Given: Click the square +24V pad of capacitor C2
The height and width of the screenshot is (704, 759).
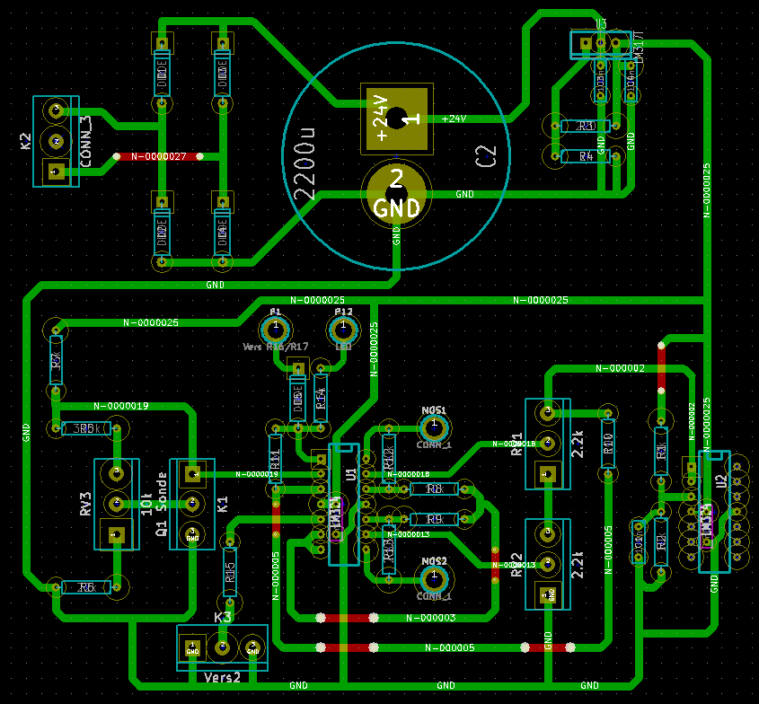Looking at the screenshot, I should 396,118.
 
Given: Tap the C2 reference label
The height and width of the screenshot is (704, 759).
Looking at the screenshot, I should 485,156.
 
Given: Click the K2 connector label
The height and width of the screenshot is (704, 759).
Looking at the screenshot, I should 25,141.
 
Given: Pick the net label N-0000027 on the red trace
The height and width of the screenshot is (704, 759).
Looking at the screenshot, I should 158,156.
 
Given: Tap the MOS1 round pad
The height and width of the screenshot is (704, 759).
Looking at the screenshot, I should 434,423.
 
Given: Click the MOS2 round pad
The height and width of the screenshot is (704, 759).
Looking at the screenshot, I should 434,576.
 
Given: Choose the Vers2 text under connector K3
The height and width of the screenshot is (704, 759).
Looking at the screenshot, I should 223,676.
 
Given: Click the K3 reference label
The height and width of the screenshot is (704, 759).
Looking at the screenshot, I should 223,618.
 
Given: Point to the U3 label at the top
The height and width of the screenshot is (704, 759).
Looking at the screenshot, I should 601,23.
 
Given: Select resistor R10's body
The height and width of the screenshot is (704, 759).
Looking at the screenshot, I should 608,442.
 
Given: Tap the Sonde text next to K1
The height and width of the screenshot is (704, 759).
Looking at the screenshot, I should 163,490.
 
